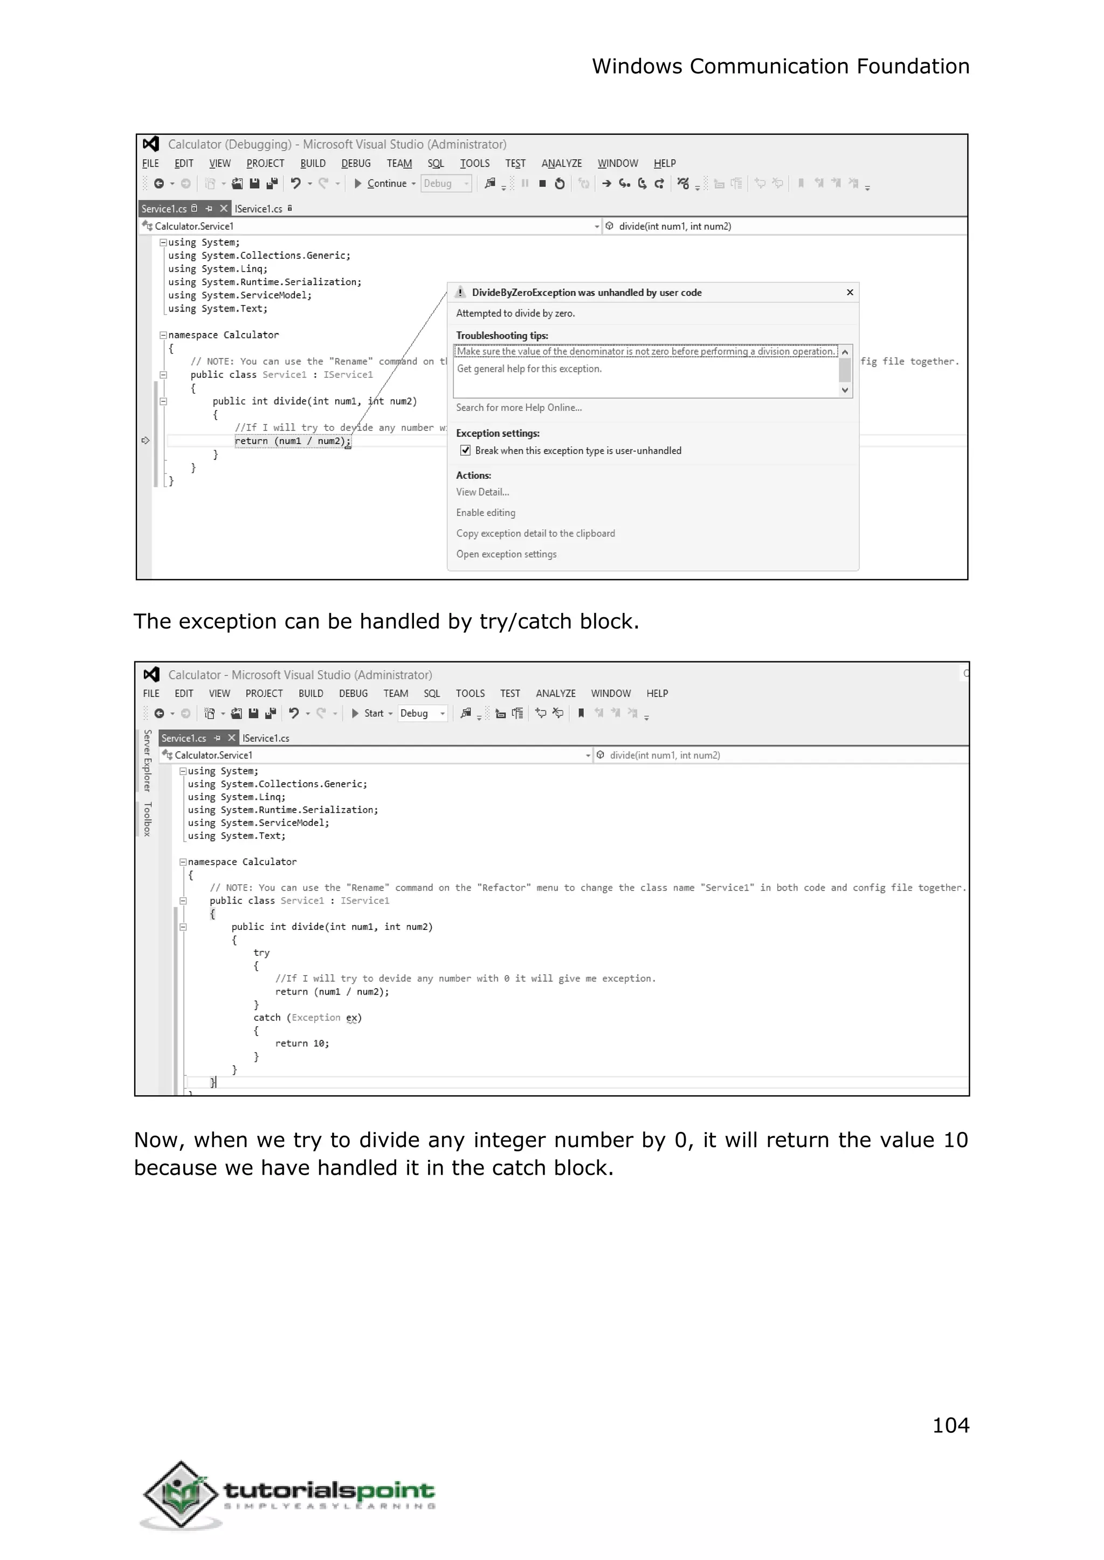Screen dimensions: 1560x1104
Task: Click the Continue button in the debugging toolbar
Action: [x=385, y=183]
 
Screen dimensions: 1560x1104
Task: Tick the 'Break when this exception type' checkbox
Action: [x=466, y=451]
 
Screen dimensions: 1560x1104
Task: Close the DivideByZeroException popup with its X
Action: [x=850, y=292]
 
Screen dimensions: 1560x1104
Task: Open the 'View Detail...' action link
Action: [x=482, y=492]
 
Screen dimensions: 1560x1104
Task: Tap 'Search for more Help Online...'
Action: [x=519, y=408]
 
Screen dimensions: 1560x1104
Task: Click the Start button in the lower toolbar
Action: [x=372, y=713]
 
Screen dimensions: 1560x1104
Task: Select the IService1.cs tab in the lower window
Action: [x=266, y=738]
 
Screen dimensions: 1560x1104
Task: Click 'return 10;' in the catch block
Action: [x=302, y=1044]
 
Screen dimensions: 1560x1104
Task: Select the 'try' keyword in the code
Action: [x=262, y=953]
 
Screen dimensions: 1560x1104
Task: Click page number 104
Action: [x=950, y=1425]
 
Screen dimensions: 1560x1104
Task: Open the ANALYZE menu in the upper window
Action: [x=562, y=164]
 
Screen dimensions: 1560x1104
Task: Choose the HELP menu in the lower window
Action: [x=657, y=693]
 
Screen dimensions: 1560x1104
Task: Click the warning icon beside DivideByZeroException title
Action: [x=460, y=292]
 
